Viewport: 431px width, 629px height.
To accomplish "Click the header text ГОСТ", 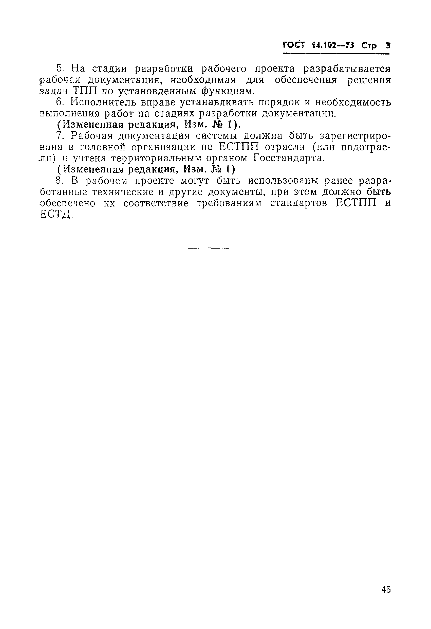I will pos(294,45).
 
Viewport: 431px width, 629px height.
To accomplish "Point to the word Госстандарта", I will pos(289,158).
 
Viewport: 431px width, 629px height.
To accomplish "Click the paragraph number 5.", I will pos(59,69).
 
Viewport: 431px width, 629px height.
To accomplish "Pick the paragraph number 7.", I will pos(59,136).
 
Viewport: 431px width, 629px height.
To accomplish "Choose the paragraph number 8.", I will pos(59,181).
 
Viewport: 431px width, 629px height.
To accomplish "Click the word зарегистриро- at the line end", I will pos(355,136).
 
